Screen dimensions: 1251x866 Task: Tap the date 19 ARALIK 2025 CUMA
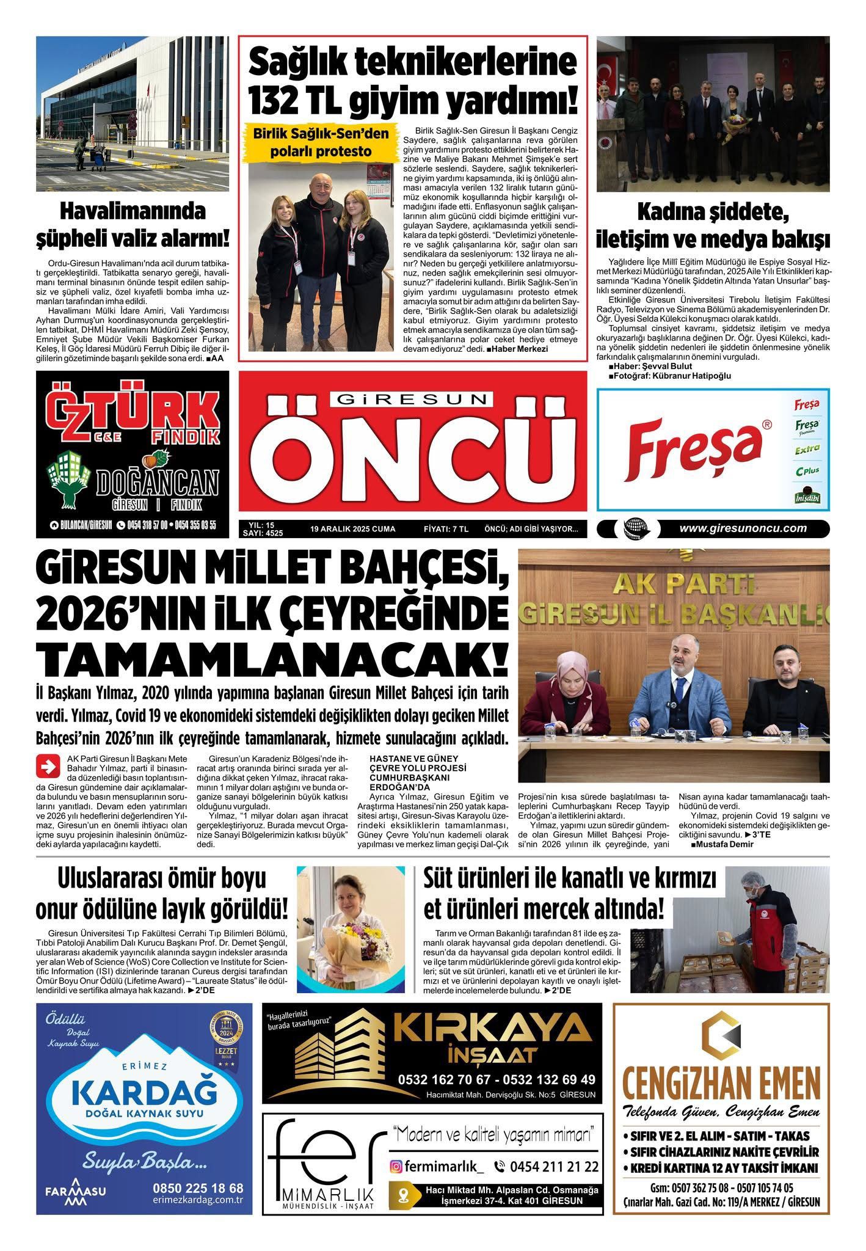(352, 529)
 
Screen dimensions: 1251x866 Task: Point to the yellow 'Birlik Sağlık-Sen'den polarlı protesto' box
(319, 142)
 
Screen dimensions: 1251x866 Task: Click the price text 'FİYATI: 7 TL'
(445, 529)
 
